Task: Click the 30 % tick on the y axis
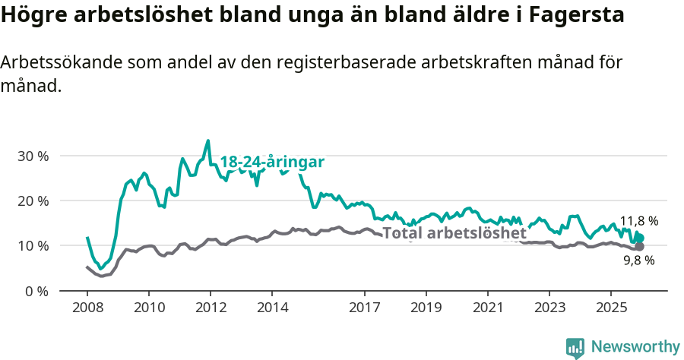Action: coord(33,156)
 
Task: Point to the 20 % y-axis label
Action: coord(33,201)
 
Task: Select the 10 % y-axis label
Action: coord(33,246)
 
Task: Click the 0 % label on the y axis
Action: coord(36,291)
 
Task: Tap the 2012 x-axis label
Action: coord(210,309)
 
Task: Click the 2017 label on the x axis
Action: coord(364,309)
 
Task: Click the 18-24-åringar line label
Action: coord(272,163)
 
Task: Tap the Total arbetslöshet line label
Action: coord(454,233)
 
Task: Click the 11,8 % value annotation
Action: coord(639,222)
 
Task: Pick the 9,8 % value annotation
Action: coord(639,261)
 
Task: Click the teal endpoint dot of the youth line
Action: coord(640,238)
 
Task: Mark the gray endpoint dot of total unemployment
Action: coord(640,247)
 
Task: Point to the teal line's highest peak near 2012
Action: coord(208,141)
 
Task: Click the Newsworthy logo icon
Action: coord(575,348)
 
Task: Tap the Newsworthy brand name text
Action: coord(635,347)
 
